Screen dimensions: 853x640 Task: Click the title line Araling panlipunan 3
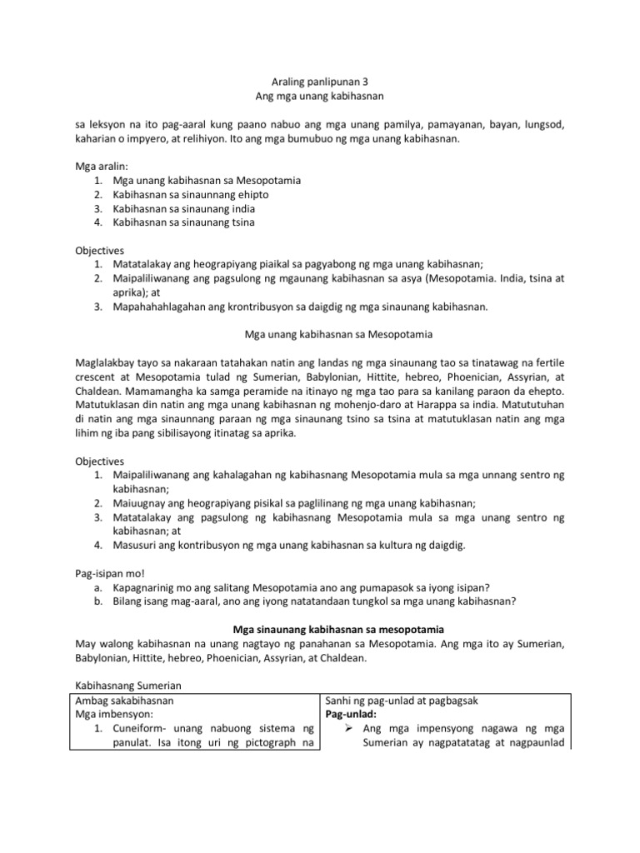(320, 83)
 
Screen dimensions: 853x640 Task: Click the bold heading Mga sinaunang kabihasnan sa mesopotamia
(320, 631)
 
